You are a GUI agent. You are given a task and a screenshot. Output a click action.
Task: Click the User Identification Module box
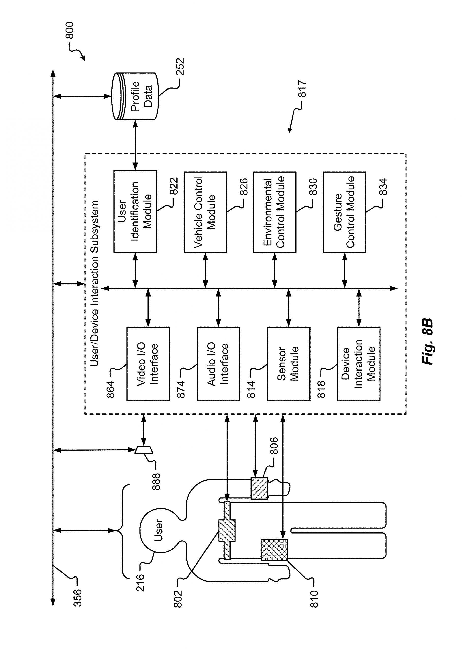pos(135,212)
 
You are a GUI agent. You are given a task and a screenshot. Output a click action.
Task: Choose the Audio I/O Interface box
pos(218,364)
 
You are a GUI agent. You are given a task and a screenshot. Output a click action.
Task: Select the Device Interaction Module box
pos(359,364)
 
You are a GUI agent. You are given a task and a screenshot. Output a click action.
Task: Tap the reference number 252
pos(180,67)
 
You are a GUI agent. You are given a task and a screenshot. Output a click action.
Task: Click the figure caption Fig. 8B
pos(427,342)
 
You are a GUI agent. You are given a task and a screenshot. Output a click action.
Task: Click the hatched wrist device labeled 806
pos(259,488)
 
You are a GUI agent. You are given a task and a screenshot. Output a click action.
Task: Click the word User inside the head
pos(158,530)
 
